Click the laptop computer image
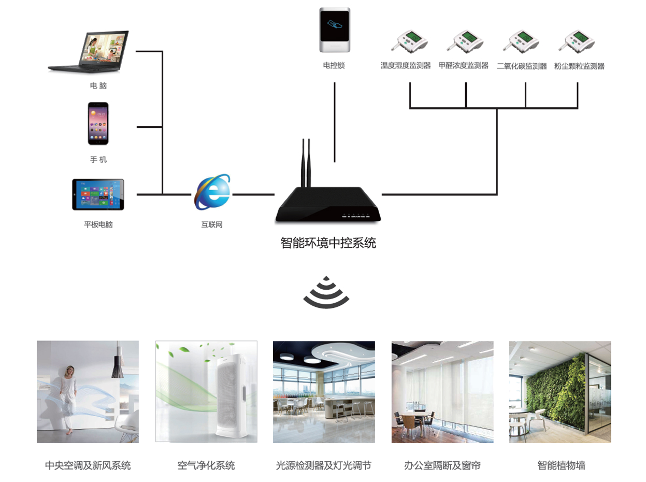tap(89, 51)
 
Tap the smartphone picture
tap(98, 123)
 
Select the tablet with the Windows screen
tap(98, 194)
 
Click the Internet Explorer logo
tap(212, 192)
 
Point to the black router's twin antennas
tap(306, 163)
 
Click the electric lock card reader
tap(335, 30)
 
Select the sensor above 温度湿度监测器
tap(409, 41)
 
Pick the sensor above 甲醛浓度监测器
tap(465, 41)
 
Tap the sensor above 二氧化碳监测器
tap(521, 41)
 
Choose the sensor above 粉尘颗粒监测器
tap(577, 41)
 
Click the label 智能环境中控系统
tap(328, 243)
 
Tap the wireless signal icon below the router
tap(326, 292)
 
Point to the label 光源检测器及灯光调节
tap(323, 465)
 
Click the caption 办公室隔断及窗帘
tap(442, 465)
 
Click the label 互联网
tap(212, 224)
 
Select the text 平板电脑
tap(98, 224)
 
